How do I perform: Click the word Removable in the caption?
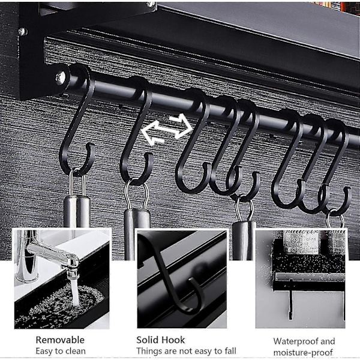60,340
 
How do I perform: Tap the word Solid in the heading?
147,340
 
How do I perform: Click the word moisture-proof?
303,352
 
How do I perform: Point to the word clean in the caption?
76,351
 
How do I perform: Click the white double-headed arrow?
167,129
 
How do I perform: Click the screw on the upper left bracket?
23,32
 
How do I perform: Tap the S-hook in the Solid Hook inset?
170,275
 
